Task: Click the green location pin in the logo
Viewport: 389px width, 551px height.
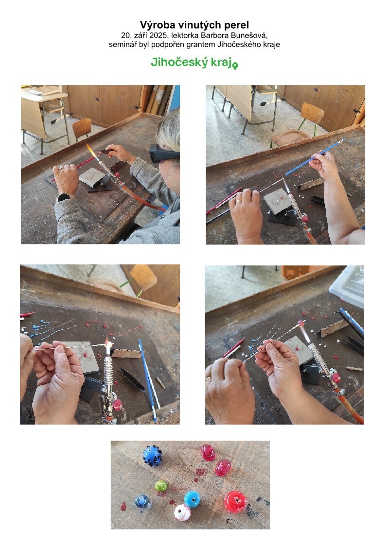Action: tap(235, 66)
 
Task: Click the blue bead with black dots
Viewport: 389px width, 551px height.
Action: tap(153, 456)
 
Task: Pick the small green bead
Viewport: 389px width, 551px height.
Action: tap(161, 486)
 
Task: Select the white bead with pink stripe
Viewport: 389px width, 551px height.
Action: tap(182, 513)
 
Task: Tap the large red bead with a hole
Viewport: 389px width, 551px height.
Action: tap(235, 501)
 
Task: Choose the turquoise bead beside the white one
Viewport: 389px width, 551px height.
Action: tap(192, 499)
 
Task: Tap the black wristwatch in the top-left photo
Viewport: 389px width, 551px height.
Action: tap(64, 197)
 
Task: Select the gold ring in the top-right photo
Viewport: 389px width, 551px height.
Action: tap(239, 201)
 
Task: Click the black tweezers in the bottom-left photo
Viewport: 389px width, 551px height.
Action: tap(132, 380)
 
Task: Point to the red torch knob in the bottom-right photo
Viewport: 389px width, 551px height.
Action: tap(336, 378)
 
